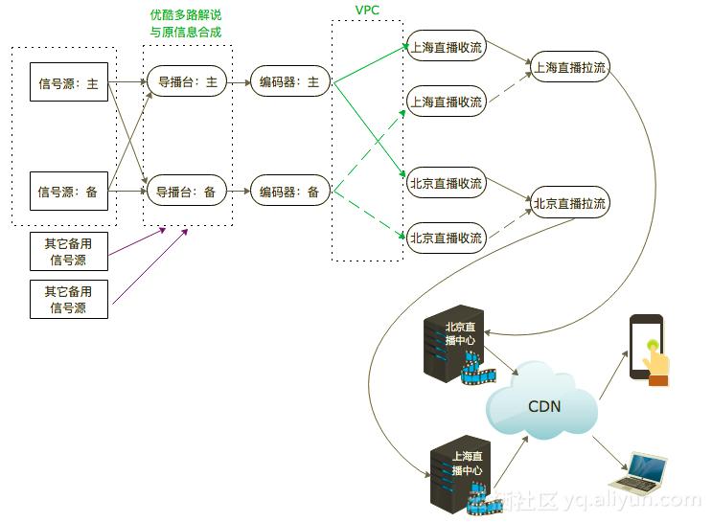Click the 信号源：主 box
tap(68, 83)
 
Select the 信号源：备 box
tap(68, 192)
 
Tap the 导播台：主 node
tap(187, 82)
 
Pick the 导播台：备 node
tap(187, 192)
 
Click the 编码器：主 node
tap(289, 82)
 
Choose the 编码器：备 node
tap(289, 192)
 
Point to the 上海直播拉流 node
tap(569, 67)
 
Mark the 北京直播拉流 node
tap(569, 203)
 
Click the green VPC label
tap(368, 9)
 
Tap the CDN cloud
tap(543, 405)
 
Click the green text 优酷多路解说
tap(186, 15)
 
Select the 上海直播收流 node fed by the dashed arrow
tap(446, 102)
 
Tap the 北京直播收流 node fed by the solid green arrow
tap(446, 183)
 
